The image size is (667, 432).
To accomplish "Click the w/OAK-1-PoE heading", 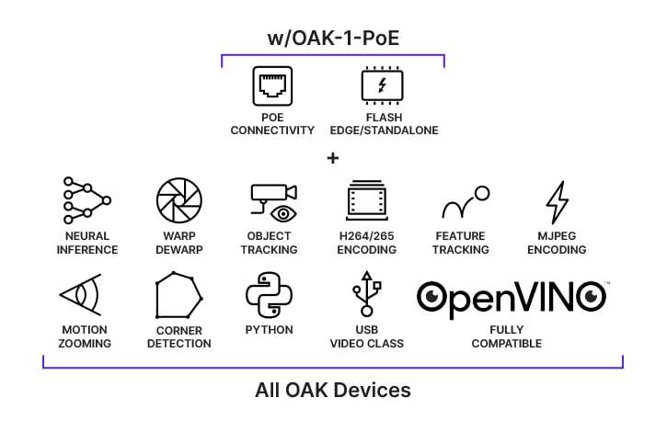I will pyautogui.click(x=332, y=39).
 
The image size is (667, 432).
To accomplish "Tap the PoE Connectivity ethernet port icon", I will pyautogui.click(x=272, y=86).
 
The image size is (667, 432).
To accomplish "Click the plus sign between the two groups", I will pyautogui.click(x=332, y=158).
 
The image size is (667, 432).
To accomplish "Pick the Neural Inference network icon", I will pyautogui.click(x=86, y=200).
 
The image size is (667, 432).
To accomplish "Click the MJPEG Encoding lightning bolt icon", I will pyautogui.click(x=557, y=202).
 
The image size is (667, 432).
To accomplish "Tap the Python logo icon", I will pyautogui.click(x=269, y=294).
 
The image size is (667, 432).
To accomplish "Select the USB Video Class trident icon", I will pyautogui.click(x=366, y=294).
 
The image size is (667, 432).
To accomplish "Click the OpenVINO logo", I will pyautogui.click(x=512, y=296).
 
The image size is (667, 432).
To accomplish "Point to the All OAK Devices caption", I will pyautogui.click(x=332, y=390).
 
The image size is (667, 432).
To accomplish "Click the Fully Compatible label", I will pyautogui.click(x=506, y=336).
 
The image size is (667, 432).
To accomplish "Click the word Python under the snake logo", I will pyautogui.click(x=269, y=329).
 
